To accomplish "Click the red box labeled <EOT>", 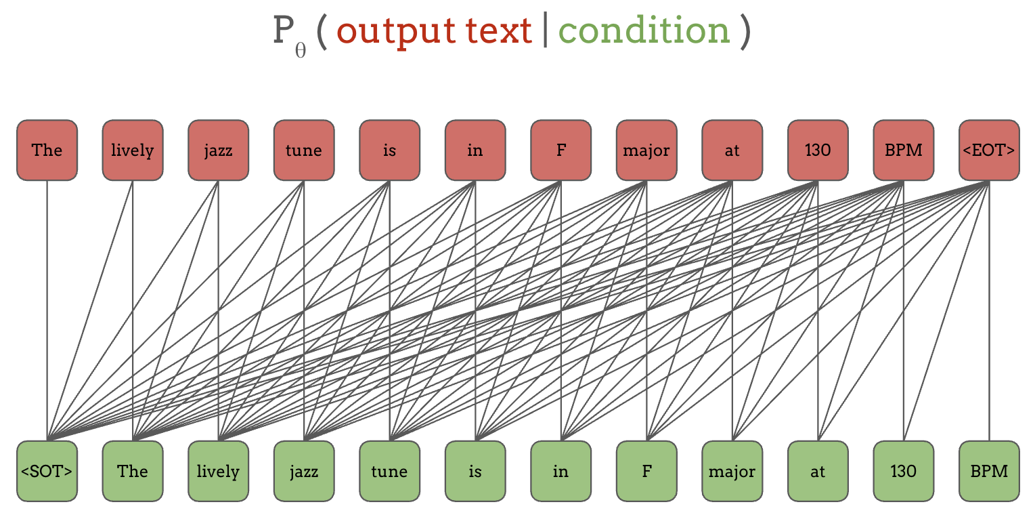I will click(989, 150).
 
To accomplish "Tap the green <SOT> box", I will click(47, 471).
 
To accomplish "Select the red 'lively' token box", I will click(133, 150).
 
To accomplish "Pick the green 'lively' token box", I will click(218, 471).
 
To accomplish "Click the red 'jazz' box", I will click(218, 150).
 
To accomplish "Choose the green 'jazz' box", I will click(304, 471).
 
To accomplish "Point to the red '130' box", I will click(818, 150).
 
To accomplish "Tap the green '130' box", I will click(904, 471).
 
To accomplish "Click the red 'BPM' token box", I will click(904, 150).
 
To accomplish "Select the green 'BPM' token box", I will click(989, 471).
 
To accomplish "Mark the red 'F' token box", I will click(561, 150).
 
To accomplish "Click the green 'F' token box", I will click(646, 471).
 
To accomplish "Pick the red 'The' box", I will click(47, 150).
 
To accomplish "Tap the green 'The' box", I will click(133, 471).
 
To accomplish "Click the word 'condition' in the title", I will click(644, 31).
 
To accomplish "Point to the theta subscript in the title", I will click(301, 51).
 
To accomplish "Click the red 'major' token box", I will click(646, 150).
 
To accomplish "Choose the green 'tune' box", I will click(389, 471).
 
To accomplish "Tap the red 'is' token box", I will click(389, 150).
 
